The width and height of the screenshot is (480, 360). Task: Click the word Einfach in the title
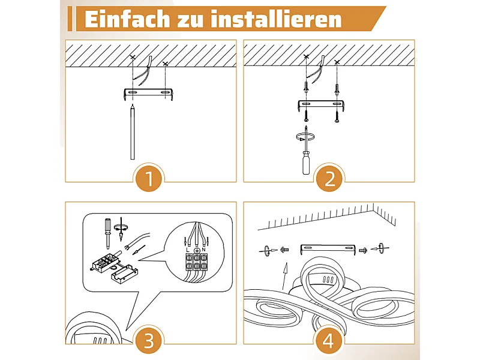127,19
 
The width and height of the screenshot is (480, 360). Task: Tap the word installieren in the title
276,19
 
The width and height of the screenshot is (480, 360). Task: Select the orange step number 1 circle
149,178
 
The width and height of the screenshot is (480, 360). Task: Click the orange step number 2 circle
329,178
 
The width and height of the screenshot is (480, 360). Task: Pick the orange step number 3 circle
149,340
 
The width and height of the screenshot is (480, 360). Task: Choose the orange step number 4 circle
328,340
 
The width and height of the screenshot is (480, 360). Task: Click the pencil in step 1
133,131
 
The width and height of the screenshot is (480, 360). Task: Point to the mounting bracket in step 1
148,94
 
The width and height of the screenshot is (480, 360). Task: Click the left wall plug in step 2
306,88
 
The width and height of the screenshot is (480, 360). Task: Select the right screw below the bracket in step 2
337,116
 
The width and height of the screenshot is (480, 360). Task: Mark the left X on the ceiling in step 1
132,57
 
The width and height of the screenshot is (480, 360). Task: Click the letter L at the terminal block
188,250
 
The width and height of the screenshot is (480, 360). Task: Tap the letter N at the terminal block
204,250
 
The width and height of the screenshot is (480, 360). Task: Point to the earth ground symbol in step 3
197,250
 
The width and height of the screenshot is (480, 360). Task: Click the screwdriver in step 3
107,233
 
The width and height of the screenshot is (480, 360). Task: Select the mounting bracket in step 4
328,248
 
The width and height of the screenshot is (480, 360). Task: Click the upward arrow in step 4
285,276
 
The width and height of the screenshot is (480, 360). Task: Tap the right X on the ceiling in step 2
337,62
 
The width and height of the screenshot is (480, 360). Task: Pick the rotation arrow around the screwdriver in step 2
306,137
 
